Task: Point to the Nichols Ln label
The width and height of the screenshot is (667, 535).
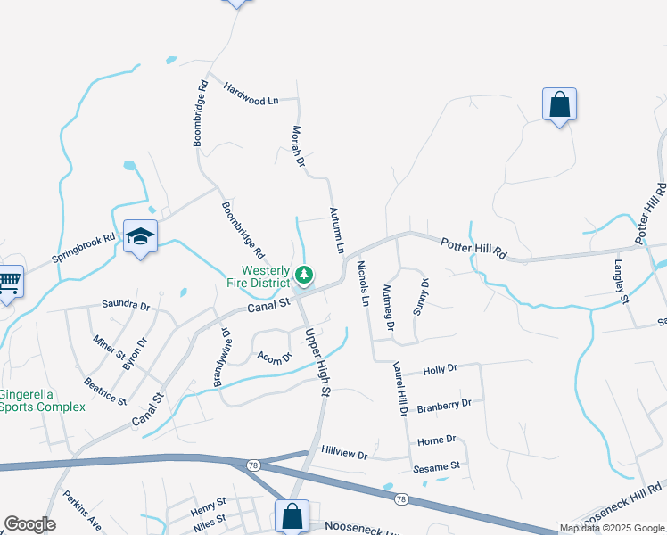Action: [363, 283]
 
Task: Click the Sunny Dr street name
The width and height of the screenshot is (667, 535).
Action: [420, 297]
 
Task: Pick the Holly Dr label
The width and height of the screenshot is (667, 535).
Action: [440, 368]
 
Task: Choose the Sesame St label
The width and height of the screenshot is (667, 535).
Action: [436, 465]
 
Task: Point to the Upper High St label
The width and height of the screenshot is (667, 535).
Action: [317, 361]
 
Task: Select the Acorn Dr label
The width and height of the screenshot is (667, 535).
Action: [275, 358]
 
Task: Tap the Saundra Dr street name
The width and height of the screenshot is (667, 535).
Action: [126, 305]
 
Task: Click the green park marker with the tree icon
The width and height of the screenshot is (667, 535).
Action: [304, 274]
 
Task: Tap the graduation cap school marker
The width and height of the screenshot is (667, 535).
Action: [141, 236]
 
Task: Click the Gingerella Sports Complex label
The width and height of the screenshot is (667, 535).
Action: [42, 400]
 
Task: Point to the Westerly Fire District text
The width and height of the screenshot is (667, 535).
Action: [259, 276]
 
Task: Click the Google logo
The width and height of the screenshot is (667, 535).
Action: [29, 524]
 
